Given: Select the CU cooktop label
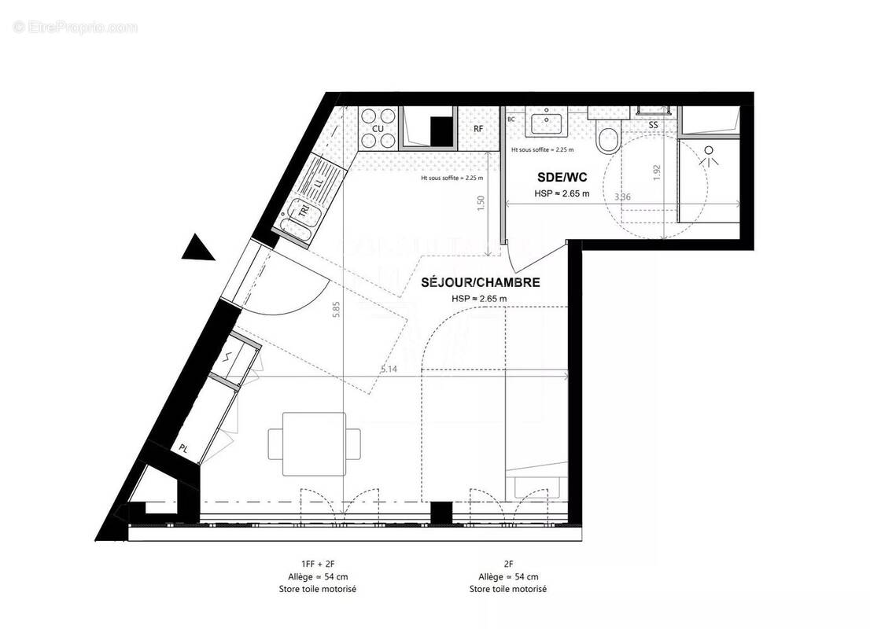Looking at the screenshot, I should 378,128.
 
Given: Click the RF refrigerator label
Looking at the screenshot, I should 477,128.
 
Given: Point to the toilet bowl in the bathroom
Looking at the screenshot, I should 608,140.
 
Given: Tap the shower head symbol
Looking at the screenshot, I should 711,155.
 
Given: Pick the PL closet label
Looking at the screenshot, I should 183,448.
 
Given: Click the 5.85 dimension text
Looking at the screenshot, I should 337,309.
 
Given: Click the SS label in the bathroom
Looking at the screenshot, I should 653,125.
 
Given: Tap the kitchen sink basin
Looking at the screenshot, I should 299,212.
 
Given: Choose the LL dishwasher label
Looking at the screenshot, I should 319,183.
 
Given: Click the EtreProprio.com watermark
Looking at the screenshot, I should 76,28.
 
